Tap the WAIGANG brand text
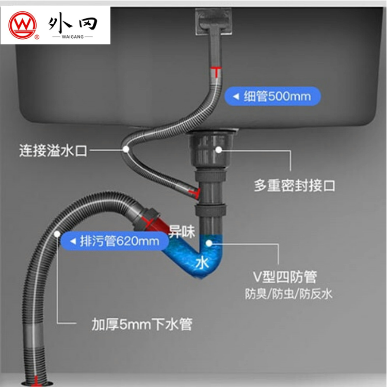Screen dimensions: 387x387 (x=73, y=37)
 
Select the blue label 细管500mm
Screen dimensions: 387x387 (x=271, y=96)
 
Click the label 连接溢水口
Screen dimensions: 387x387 (x=54, y=151)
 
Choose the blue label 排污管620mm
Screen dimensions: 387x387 (x=114, y=241)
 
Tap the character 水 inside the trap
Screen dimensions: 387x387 (x=202, y=263)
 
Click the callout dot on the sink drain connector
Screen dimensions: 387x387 (x=219, y=150)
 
